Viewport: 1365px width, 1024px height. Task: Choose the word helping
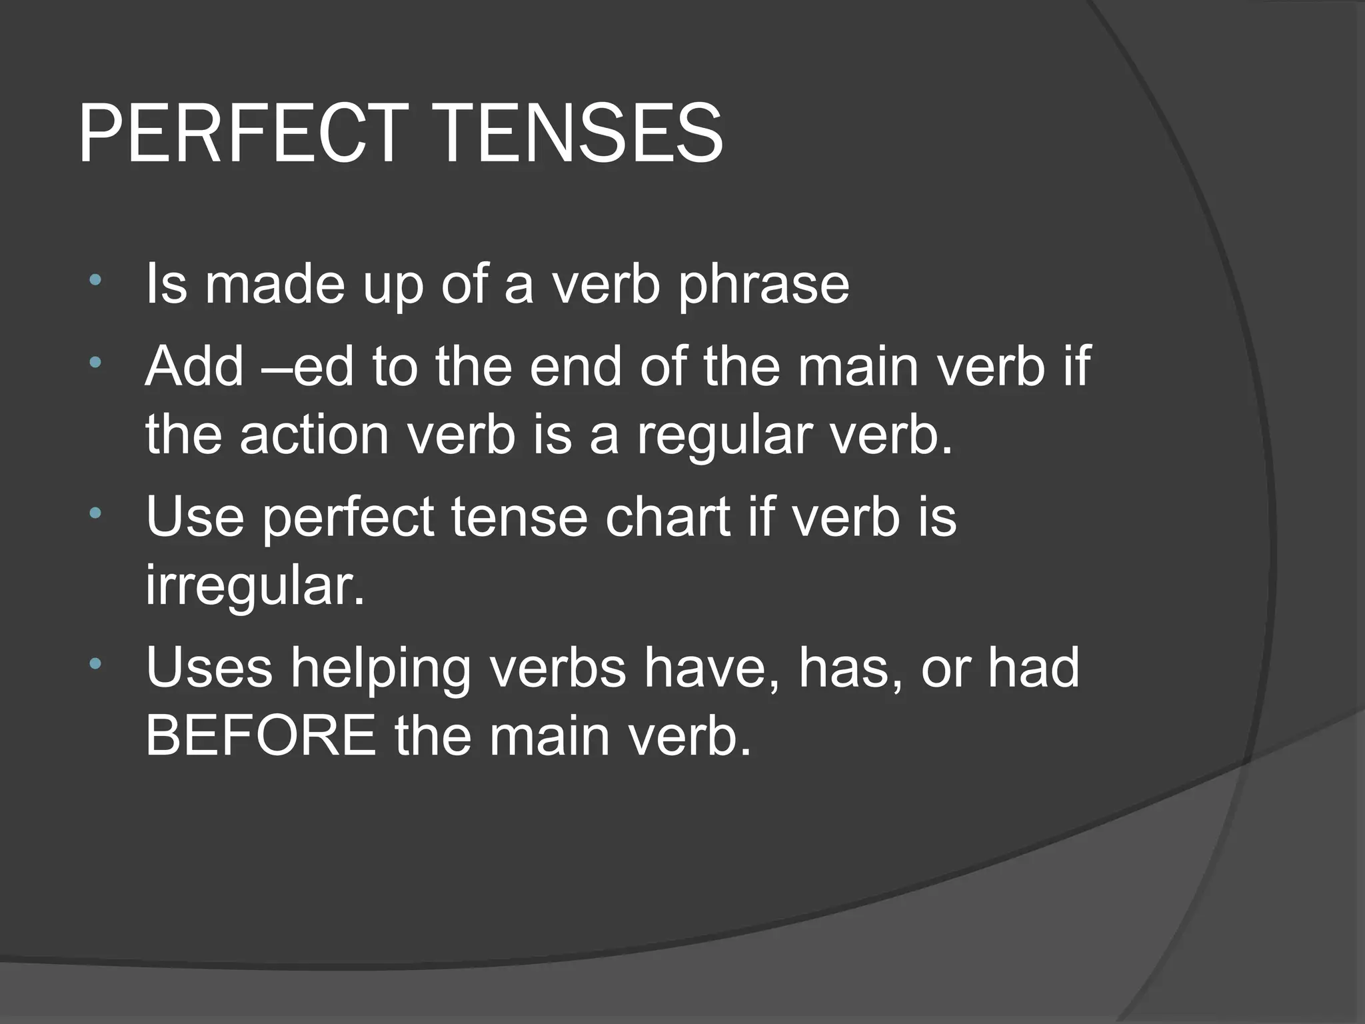click(x=381, y=670)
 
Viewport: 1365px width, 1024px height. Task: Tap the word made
click(x=275, y=285)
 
